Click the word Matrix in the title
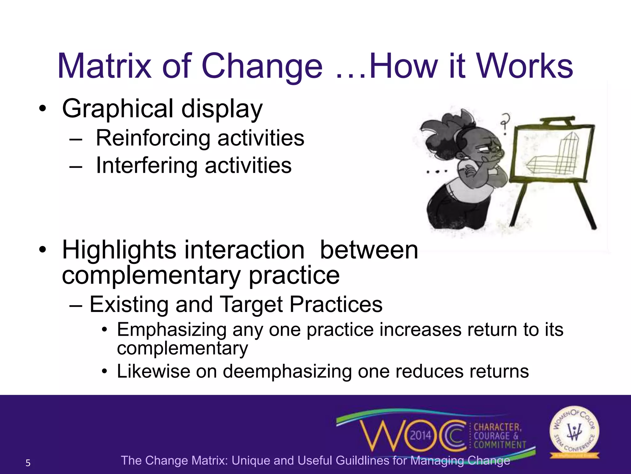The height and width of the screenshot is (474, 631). click(x=104, y=66)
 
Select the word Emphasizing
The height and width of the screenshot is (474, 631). click(x=172, y=330)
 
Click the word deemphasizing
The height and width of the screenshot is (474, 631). click(x=287, y=371)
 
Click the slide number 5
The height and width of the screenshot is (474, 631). click(x=28, y=463)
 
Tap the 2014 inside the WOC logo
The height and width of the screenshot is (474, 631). click(x=421, y=436)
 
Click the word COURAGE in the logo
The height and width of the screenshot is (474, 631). click(x=491, y=436)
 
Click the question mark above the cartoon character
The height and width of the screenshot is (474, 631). click(x=504, y=122)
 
